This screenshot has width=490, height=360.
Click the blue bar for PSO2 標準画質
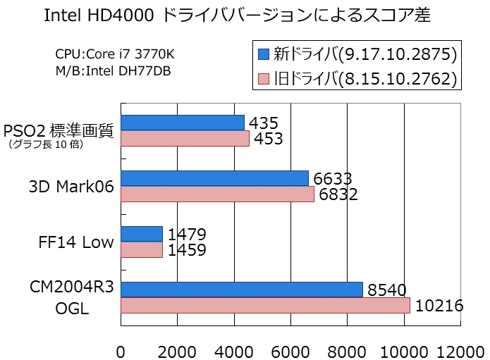[x=183, y=123]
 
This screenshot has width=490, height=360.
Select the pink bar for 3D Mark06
[x=217, y=194]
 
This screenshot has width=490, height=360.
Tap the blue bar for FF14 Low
[x=142, y=234]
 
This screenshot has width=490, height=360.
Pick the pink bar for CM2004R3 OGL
[x=265, y=305]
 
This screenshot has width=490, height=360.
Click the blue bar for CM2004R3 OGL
[x=242, y=290]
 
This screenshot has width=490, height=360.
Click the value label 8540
[x=388, y=290]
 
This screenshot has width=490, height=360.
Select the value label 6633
[x=333, y=179]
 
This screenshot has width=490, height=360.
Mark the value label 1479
[x=187, y=234]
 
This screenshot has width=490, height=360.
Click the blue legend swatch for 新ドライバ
[x=264, y=54]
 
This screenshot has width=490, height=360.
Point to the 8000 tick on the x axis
[x=348, y=350]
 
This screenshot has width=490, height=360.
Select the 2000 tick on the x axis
[x=177, y=350]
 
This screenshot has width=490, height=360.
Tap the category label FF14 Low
[x=76, y=242]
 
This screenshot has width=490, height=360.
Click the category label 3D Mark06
[x=72, y=187]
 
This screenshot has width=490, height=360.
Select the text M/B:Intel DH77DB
[x=112, y=70]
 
